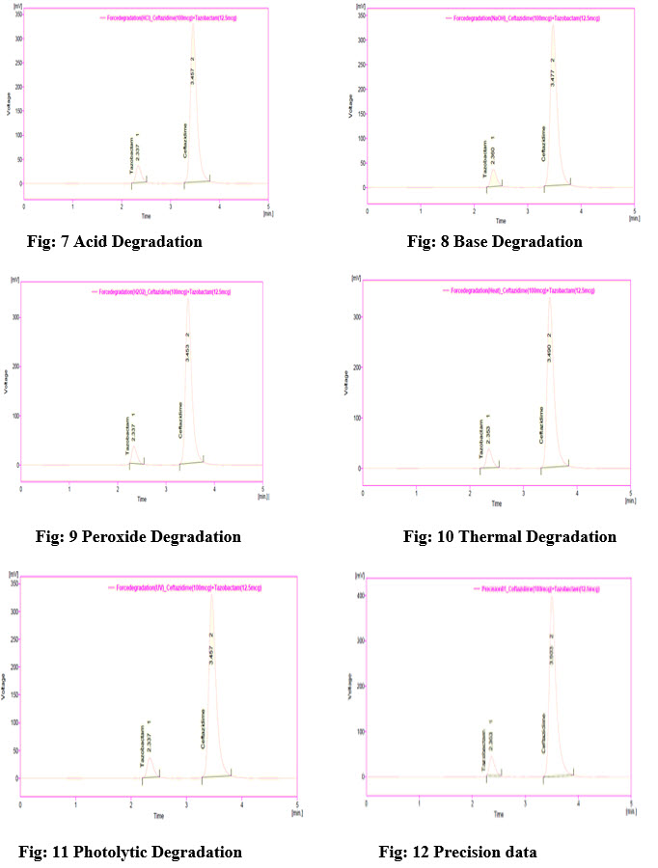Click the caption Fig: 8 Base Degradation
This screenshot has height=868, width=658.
[x=494, y=241]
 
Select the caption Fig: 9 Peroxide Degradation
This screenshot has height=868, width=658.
[x=138, y=536]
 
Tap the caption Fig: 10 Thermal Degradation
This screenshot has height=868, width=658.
[x=509, y=536]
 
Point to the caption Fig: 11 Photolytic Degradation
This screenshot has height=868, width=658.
[x=130, y=852]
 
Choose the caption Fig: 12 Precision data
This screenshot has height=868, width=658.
[x=457, y=852]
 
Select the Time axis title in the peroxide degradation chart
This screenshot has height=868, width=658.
[x=142, y=499]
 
